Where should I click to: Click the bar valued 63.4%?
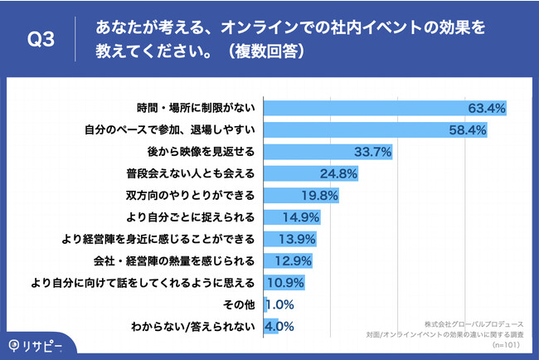coord(386,109)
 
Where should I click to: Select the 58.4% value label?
coord(466,130)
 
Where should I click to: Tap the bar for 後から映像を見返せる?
coord(327,152)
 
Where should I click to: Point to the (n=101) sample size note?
coord(508,343)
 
